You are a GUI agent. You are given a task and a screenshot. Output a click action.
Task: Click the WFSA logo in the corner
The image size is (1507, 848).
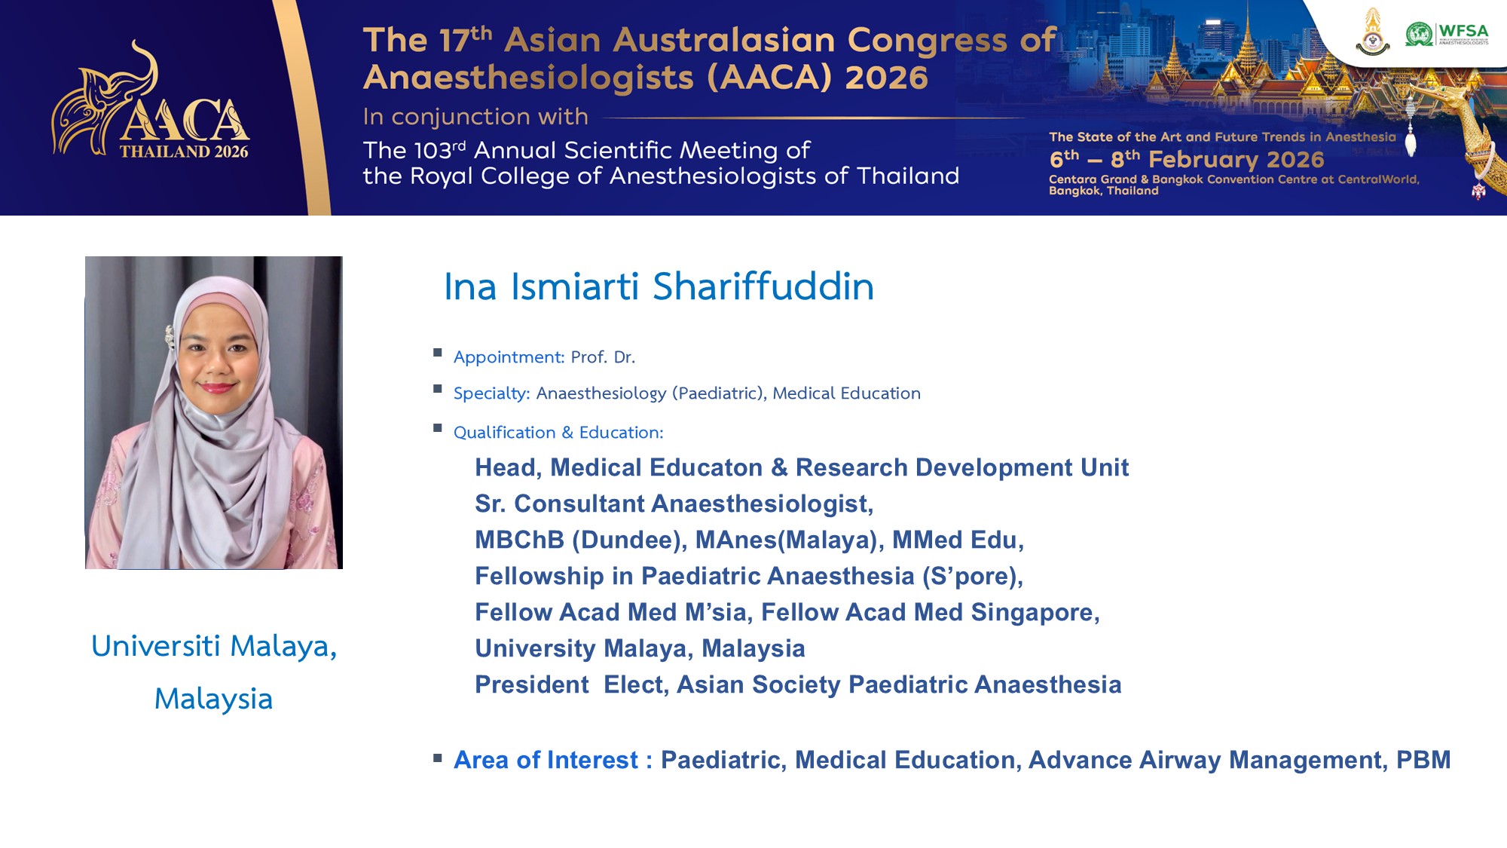(x=1447, y=35)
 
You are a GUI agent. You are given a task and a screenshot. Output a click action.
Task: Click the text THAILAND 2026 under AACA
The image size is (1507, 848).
(x=184, y=152)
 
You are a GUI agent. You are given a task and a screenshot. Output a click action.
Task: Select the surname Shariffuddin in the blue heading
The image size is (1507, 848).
(x=763, y=286)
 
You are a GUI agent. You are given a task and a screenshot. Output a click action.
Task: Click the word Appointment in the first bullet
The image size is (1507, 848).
(x=509, y=357)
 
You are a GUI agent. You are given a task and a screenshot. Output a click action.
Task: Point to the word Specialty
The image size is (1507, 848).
(x=491, y=393)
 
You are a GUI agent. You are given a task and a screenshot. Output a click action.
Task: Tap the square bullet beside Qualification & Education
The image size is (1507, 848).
(x=438, y=428)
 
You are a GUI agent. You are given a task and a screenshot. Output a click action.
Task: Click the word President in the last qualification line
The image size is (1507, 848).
(x=532, y=684)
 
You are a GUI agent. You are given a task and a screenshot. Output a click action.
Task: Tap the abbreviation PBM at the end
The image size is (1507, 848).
(x=1423, y=760)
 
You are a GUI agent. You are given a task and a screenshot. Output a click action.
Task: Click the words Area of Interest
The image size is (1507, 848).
(x=546, y=760)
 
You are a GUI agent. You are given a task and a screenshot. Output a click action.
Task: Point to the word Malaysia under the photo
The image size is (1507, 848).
(x=213, y=699)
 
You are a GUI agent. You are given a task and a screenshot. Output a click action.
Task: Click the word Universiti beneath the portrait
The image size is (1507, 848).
(x=156, y=646)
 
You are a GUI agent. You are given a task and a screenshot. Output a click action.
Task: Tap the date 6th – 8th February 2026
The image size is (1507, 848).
(x=1187, y=159)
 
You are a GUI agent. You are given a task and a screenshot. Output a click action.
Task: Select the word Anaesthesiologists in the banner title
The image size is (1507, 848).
(x=528, y=78)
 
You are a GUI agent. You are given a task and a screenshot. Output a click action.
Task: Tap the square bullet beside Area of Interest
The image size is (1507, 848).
(x=438, y=758)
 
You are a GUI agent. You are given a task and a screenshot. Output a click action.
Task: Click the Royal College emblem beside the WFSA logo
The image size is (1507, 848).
(x=1373, y=32)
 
